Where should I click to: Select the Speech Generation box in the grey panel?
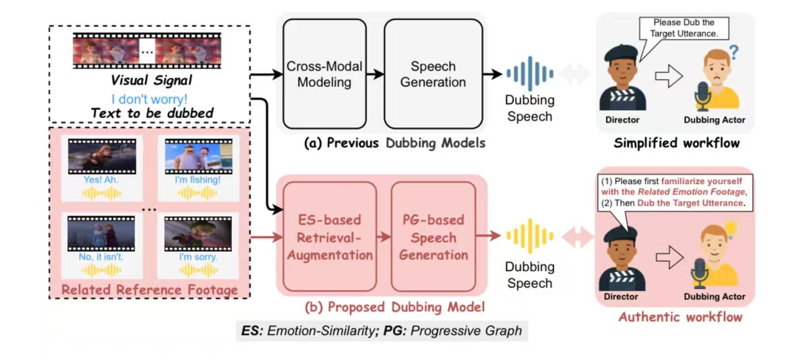click(433, 74)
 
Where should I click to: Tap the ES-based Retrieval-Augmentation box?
click(330, 237)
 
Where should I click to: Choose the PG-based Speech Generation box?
click(433, 237)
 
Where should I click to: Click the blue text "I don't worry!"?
click(149, 100)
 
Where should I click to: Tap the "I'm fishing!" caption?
click(198, 179)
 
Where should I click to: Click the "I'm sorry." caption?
click(198, 257)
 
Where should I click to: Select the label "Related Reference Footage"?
click(149, 289)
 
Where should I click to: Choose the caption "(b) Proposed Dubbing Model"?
click(394, 307)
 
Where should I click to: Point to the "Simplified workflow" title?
click(676, 143)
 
